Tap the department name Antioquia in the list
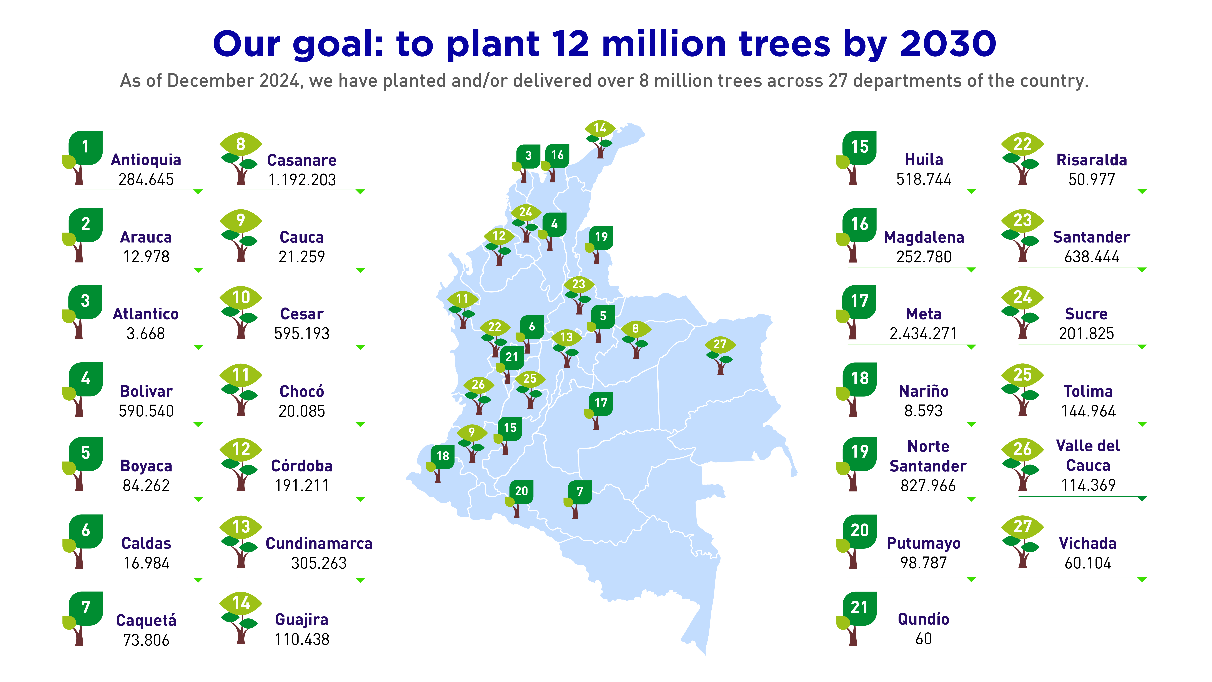tap(146, 160)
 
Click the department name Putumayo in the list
tap(924, 543)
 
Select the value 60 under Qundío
tap(924, 639)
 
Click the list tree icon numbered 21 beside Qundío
tap(856, 618)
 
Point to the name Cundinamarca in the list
tap(319, 544)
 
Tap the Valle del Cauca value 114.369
tap(1088, 485)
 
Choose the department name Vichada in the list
tap(1088, 544)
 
